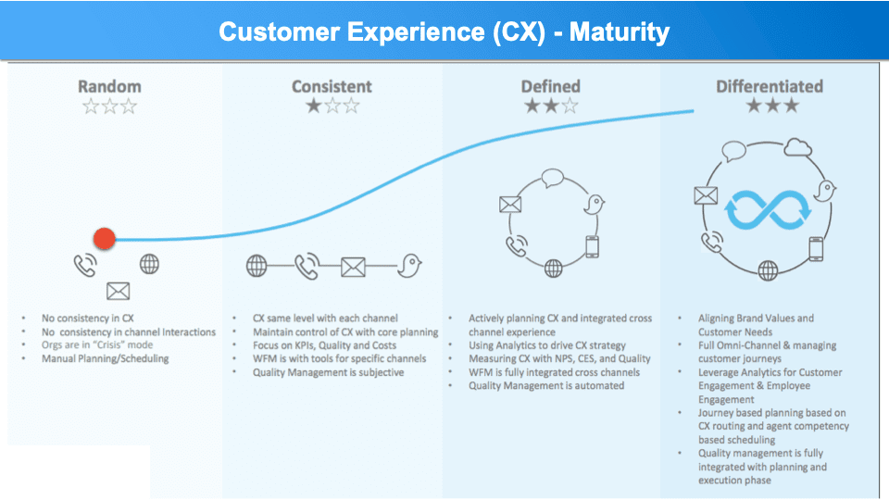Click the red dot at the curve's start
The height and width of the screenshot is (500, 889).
pos(105,239)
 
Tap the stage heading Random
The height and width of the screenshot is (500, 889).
pos(108,86)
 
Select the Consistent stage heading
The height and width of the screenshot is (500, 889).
pos(332,86)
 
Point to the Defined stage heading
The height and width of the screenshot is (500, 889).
pos(551,86)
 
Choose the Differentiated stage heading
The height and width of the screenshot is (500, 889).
pos(769,86)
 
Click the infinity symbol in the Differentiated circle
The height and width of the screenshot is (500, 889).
pos(768,209)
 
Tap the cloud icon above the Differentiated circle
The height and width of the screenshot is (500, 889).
pos(796,146)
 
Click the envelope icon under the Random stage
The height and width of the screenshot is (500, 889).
pos(118,292)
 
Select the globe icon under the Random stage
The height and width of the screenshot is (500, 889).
pos(149,264)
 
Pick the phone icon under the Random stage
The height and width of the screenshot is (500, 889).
pos(85,266)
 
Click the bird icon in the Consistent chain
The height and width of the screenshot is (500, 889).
pos(408,267)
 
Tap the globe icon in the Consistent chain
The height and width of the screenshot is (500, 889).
pos(257,267)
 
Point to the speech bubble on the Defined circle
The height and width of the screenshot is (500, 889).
pos(553,178)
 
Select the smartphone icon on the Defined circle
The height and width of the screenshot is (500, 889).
pos(593,247)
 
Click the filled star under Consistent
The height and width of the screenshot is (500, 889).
pos(313,106)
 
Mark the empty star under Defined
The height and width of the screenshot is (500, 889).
pos(570,106)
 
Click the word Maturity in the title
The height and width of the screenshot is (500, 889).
pos(619,32)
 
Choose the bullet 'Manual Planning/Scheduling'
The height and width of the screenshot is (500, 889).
pos(106,358)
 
